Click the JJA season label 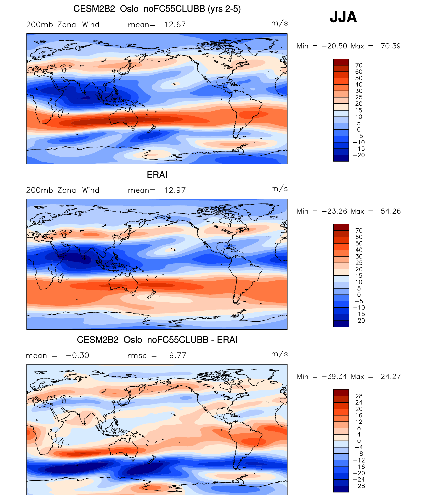pos(343,17)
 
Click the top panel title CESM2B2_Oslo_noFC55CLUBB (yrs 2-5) pos(157,9)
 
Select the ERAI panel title pos(157,175)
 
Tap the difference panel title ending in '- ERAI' pos(157,340)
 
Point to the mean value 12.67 pos(175,25)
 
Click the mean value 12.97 pos(175,190)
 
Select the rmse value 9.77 pos(178,355)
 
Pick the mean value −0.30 pos(78,355)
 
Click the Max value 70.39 pos(391,46)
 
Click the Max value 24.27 pos(391,376)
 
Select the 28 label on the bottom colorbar pos(359,396)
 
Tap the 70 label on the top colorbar pos(359,65)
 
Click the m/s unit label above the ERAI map pos(279,189)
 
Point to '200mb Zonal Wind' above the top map pos(63,25)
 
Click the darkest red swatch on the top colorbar pos(341,62)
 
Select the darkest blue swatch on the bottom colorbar pos(341,489)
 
